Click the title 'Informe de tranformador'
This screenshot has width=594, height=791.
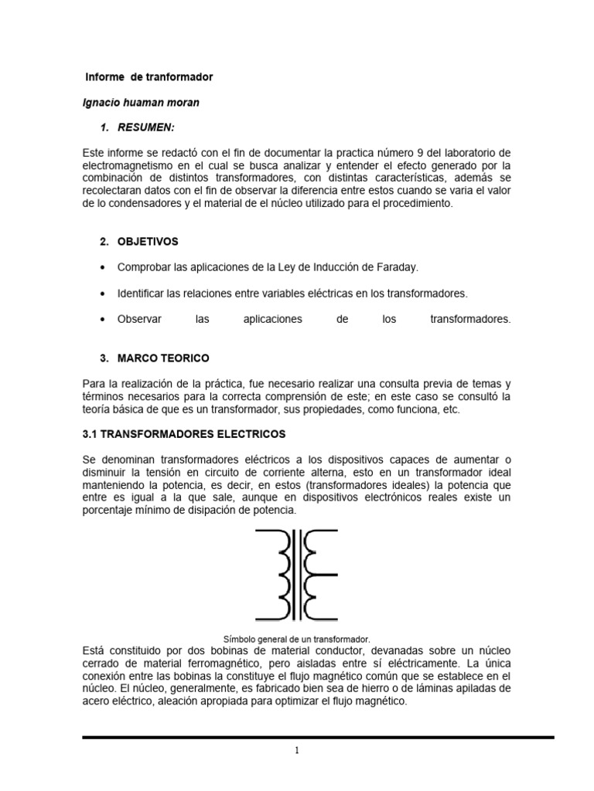148,78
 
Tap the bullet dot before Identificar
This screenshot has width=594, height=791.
104,294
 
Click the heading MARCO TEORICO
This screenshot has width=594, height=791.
162,358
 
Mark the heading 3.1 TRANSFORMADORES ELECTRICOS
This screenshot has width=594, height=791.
184,434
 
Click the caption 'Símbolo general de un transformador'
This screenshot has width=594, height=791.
297,639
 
